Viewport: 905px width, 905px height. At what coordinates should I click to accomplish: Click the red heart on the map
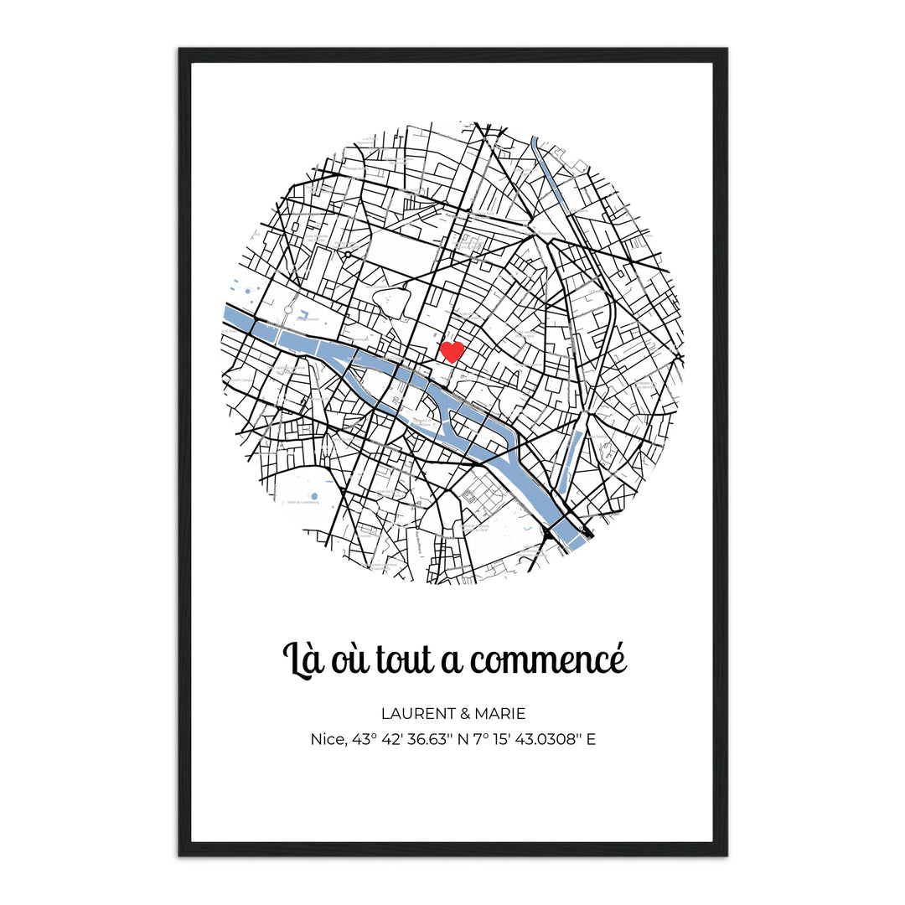tap(452, 351)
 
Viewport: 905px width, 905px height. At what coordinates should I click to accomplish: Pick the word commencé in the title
tap(548, 662)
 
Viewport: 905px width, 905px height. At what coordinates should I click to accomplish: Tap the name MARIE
tap(500, 714)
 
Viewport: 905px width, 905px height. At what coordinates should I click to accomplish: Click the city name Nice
tap(326, 739)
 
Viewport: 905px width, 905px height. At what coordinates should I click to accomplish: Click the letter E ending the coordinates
tap(592, 739)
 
